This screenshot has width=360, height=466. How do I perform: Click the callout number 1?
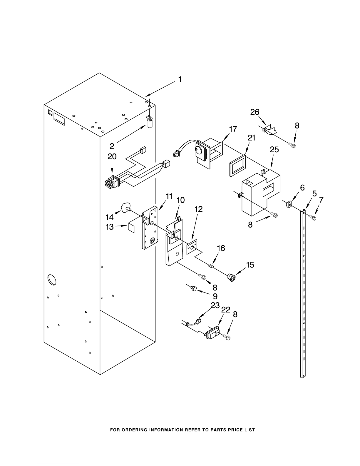pyautogui.click(x=180, y=79)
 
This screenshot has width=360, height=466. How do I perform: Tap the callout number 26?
pyautogui.click(x=255, y=112)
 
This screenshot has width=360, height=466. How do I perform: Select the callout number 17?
pyautogui.click(x=233, y=129)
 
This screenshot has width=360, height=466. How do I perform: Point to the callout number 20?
pyautogui.click(x=112, y=156)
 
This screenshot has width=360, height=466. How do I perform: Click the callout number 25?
pyautogui.click(x=274, y=149)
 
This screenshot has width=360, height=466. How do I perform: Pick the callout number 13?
pyautogui.click(x=110, y=227)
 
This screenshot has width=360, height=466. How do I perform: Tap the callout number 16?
pyautogui.click(x=221, y=248)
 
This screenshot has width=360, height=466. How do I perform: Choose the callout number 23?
pyautogui.click(x=215, y=305)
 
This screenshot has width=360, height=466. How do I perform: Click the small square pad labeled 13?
pyautogui.click(x=131, y=228)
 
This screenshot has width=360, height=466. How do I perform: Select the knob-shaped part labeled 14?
pyautogui.click(x=126, y=207)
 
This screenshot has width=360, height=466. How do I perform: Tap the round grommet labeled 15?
pyautogui.click(x=231, y=277)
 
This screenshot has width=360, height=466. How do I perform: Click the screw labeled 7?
pyautogui.click(x=313, y=218)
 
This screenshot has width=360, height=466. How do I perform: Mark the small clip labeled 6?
pyautogui.click(x=289, y=204)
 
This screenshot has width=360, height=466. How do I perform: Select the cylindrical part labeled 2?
pyautogui.click(x=150, y=122)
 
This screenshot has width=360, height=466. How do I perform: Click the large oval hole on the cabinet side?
pyautogui.click(x=52, y=280)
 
